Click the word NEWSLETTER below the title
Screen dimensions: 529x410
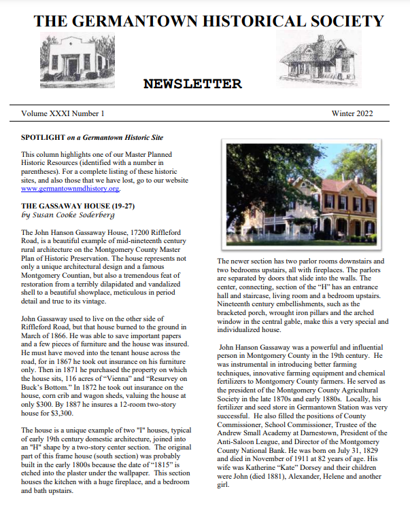192,84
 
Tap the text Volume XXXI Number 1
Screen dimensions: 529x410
63,113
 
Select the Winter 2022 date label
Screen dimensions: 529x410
352,113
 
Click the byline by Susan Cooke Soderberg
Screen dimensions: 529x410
69,215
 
